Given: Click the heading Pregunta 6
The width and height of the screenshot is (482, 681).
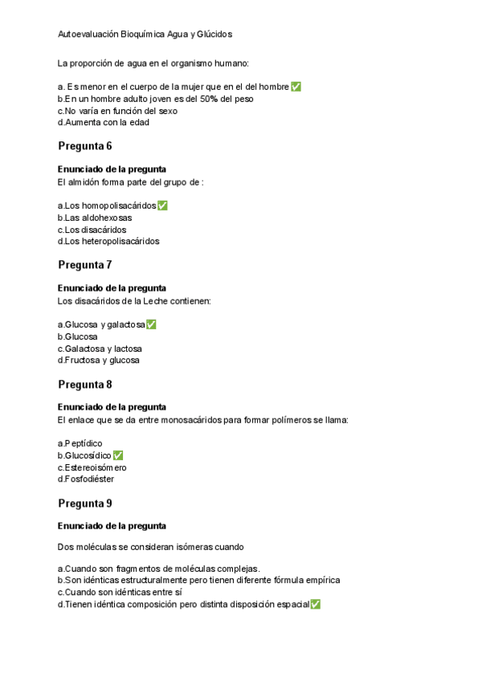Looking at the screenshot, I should click(84, 146).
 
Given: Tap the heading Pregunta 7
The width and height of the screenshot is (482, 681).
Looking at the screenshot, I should click(84, 265).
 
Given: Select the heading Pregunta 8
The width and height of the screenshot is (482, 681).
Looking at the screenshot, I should click(84, 385).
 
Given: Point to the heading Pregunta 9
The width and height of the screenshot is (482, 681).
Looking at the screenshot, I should click(84, 504).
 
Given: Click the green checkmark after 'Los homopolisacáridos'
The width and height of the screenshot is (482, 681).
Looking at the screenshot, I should click(163, 206).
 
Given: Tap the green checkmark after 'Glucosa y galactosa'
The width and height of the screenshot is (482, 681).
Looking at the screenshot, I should click(151, 324).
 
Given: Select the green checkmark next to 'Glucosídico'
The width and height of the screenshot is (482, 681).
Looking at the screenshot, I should click(118, 455).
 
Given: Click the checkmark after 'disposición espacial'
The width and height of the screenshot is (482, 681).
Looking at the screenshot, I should click(315, 604).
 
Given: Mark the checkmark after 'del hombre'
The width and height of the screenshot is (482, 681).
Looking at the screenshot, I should click(296, 87).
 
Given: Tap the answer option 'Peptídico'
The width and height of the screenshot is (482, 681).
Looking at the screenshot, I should click(80, 443).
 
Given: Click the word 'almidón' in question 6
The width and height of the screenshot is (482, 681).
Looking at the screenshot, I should click(87, 181).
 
